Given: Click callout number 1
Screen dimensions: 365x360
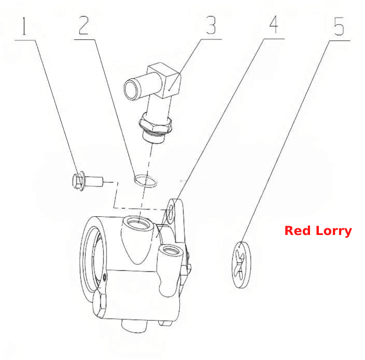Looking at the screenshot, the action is pyautogui.click(x=24, y=26).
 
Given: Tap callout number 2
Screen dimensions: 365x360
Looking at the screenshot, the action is pyautogui.click(x=84, y=25).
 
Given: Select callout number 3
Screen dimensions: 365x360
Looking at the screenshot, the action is pyautogui.click(x=211, y=25).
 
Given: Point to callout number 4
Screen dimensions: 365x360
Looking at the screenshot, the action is pyautogui.click(x=274, y=24).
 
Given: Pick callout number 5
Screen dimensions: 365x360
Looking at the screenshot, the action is pyautogui.click(x=339, y=26).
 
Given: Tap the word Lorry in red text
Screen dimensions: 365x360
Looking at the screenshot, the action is pyautogui.click(x=333, y=231).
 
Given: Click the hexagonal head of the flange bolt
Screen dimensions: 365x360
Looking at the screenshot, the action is pyautogui.click(x=78, y=181).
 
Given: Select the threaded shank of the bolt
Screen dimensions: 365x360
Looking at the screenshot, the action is pyautogui.click(x=93, y=181).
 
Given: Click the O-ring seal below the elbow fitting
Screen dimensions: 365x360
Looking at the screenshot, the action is pyautogui.click(x=146, y=181).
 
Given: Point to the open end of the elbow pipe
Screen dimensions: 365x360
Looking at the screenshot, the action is pyautogui.click(x=131, y=89).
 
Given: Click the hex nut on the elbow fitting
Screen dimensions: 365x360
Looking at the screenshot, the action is pyautogui.click(x=155, y=124).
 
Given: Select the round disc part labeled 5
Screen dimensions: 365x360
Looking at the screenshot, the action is pyautogui.click(x=242, y=265).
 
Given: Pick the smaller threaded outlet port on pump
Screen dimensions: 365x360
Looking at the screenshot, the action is pyautogui.click(x=171, y=251).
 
